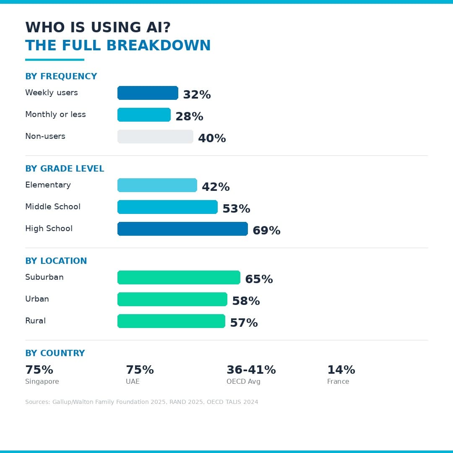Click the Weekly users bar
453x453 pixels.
[x=148, y=93]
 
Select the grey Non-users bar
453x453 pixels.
[x=155, y=137]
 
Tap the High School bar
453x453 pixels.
[x=182, y=229]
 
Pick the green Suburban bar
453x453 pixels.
[x=179, y=278]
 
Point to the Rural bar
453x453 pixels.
[x=171, y=321]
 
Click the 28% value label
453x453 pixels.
[x=189, y=117]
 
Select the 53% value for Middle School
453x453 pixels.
[x=236, y=209]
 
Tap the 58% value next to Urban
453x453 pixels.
[x=246, y=301]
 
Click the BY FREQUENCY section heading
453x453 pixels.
[x=61, y=76]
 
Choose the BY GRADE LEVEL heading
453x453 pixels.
[x=65, y=169]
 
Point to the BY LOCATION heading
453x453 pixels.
[x=56, y=261]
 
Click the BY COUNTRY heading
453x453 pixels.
[x=55, y=353]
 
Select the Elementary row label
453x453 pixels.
[x=48, y=185]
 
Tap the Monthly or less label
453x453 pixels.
[x=55, y=115]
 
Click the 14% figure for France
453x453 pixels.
[x=341, y=370]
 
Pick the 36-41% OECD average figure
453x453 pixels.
[x=251, y=370]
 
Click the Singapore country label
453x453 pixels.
[x=42, y=382]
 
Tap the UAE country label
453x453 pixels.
[x=133, y=382]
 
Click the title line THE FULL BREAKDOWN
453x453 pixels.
[x=118, y=46]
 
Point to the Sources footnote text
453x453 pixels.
[x=141, y=402]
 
